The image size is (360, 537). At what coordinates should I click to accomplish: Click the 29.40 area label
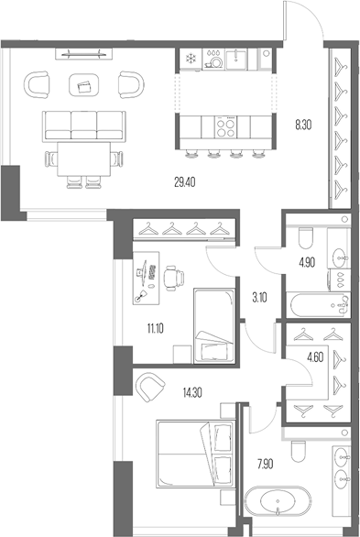coord(185,182)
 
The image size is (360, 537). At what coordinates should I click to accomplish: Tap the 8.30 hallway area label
coord(303,126)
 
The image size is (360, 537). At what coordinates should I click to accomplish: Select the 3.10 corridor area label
coord(260,298)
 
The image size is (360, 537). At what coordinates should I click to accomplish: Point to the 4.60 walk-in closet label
coord(315,357)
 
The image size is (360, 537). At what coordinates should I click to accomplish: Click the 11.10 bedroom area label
coord(156,329)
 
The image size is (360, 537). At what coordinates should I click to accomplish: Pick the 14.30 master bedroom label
coord(192,393)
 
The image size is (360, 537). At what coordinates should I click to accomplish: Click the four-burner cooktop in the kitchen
coord(225,126)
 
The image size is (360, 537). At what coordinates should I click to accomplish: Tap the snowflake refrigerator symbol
coord(191,59)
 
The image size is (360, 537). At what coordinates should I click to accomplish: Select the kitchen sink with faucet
coord(235,59)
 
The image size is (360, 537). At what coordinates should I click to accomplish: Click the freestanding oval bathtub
coord(278,502)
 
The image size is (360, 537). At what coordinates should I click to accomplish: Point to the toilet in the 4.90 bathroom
coord(306,238)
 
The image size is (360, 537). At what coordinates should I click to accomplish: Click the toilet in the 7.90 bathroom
coord(299,451)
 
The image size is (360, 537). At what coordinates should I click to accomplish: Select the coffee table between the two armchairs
coord(84,85)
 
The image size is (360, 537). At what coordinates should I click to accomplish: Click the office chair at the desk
coord(173,278)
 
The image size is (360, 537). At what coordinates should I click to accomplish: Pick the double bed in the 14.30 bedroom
coord(196,455)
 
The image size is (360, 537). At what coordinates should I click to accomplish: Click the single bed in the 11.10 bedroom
coord(214,325)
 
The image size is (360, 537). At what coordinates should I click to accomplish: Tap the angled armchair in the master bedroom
coord(150,388)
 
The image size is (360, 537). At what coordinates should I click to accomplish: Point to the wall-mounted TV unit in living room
coord(84,53)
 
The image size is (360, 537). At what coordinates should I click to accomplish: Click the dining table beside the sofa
coord(84,159)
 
